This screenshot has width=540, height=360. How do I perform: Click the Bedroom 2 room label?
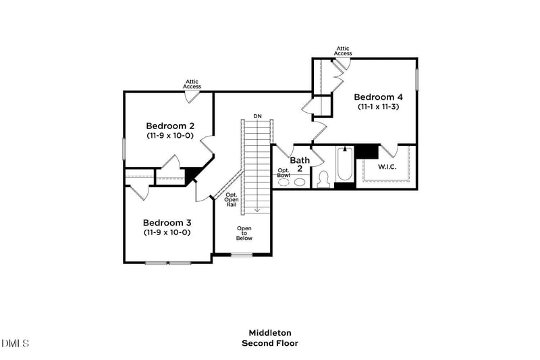pos(170,126)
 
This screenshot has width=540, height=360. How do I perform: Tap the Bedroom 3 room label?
pos(167,222)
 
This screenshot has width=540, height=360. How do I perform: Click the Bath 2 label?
pos(300,164)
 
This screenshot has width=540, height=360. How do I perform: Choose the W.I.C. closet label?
pos(387,166)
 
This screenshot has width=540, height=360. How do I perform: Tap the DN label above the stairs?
pos(257,116)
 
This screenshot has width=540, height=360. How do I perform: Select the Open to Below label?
pos(244,233)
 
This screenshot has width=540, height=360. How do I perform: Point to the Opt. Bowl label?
pos(283,173)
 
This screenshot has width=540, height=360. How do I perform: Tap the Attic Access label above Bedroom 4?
pos(343,51)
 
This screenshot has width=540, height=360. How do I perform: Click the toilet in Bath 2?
pos(323,178)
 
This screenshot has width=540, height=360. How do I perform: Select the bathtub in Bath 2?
pos(344,165)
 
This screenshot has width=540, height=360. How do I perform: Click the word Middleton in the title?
pos(270,332)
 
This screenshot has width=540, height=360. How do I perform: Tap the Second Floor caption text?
pos(270,343)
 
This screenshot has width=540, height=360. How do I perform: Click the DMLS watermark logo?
pos(15,344)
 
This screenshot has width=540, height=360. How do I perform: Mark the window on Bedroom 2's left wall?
pos(124,149)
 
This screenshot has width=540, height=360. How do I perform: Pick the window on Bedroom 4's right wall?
pos(417,78)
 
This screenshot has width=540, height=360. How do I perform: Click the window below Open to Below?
pos(242,255)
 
